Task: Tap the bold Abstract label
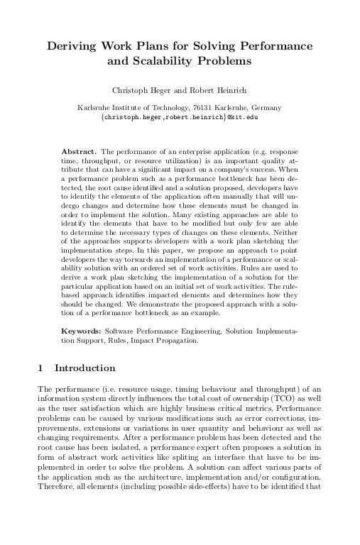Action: click(x=79, y=152)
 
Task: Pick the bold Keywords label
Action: click(x=82, y=331)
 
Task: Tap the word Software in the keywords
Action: click(x=121, y=331)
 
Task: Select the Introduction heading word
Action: click(x=84, y=368)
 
